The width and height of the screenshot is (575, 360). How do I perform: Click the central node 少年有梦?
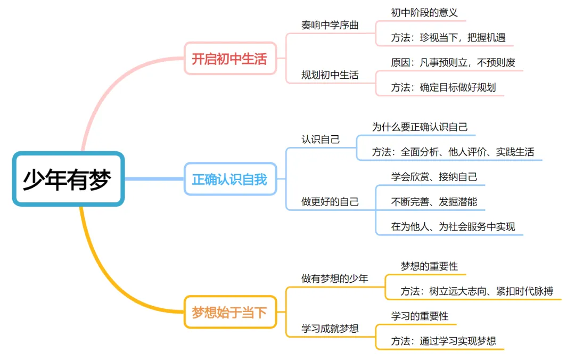[x=68, y=179]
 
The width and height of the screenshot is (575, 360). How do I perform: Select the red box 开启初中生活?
[x=229, y=59]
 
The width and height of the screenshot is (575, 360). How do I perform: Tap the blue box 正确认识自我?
[x=229, y=179]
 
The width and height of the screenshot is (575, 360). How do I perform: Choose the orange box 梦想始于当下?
[x=229, y=312]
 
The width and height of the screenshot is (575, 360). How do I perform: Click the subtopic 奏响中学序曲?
[x=330, y=25]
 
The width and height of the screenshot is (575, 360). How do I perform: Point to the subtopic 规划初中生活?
[x=330, y=75]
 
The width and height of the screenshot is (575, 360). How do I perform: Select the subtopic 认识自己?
[x=321, y=140]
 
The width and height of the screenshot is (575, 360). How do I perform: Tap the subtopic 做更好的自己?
[x=330, y=202]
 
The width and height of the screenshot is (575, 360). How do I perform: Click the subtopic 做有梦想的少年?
[x=335, y=279]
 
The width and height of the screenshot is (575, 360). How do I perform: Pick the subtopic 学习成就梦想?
[x=330, y=329]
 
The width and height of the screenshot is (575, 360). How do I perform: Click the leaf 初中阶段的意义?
[x=424, y=12]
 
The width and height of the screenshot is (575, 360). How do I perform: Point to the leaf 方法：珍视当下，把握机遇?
[x=448, y=38]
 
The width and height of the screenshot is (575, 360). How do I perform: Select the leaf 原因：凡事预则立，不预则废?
[x=453, y=62]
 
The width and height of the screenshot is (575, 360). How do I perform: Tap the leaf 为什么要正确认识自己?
[x=420, y=127]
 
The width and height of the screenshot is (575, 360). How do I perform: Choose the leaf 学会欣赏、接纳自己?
[x=434, y=177]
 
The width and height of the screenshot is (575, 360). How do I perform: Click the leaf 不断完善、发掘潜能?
[x=434, y=202]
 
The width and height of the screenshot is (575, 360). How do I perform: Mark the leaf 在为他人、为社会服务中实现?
[x=453, y=227]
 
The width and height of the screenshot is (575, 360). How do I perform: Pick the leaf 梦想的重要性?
[x=429, y=266]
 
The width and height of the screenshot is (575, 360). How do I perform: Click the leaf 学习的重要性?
[x=420, y=316]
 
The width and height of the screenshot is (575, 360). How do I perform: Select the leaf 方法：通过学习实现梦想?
[x=443, y=341]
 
